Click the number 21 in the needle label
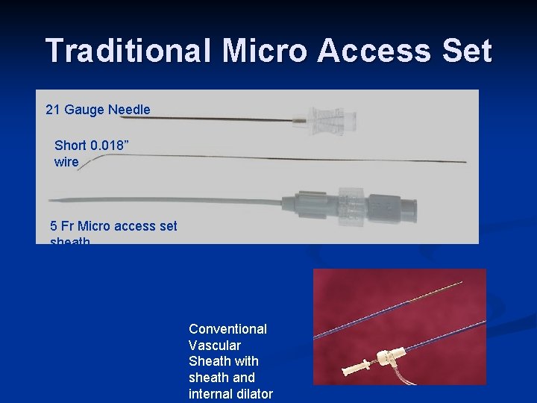[53, 110]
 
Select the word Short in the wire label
[70, 145]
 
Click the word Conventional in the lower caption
[227, 329]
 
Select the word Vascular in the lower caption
[215, 346]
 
